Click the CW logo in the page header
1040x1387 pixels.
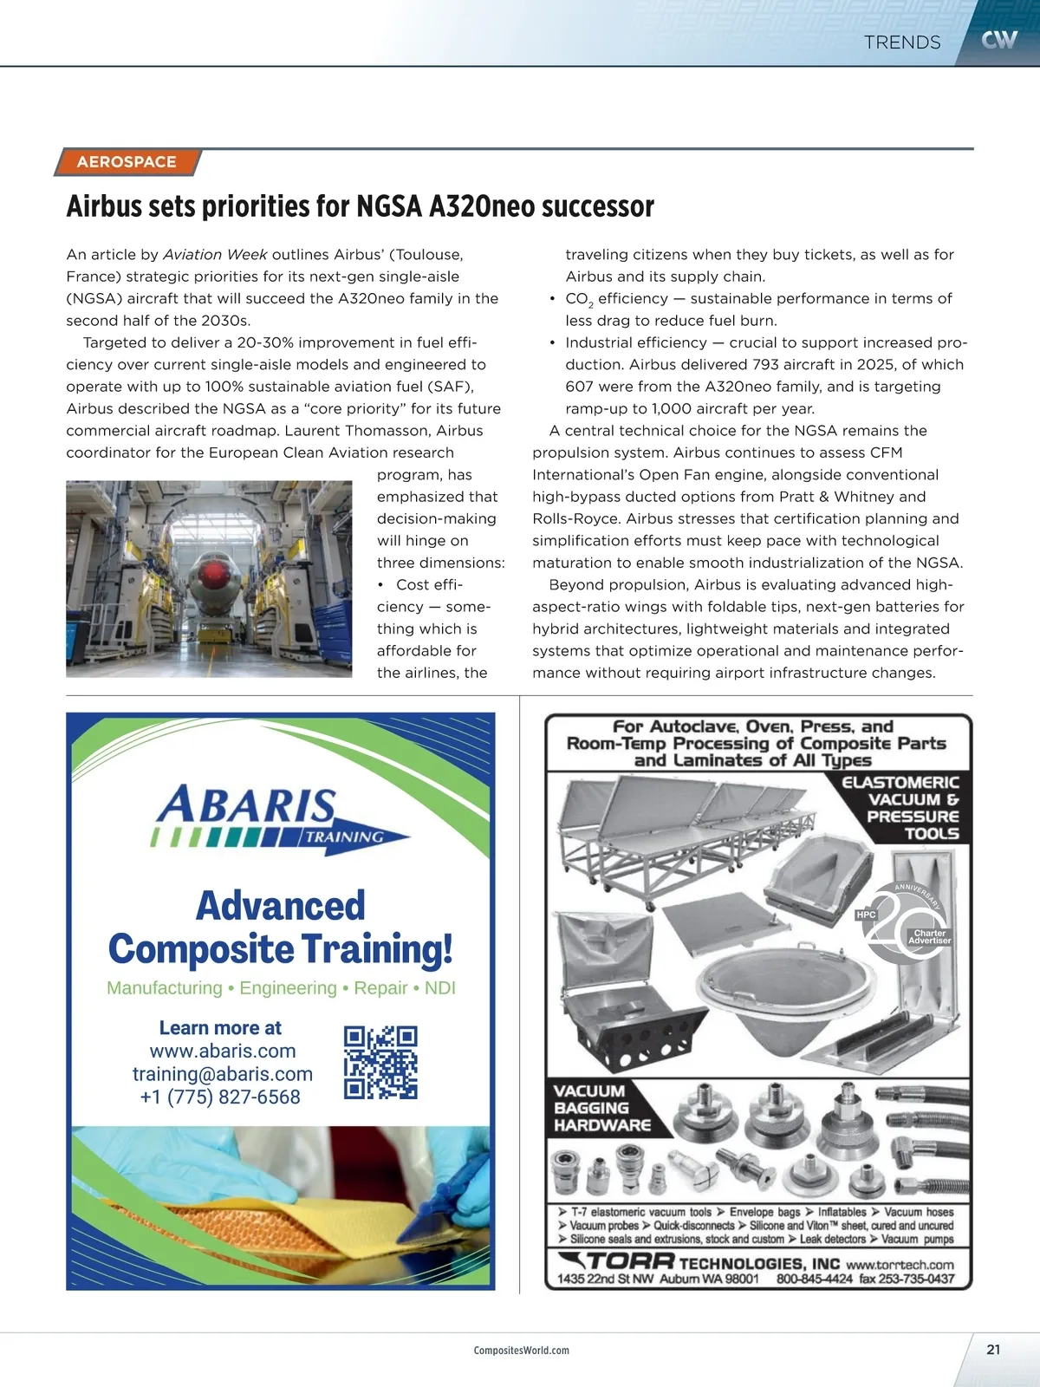tap(998, 40)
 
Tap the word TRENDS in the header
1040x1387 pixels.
tap(902, 42)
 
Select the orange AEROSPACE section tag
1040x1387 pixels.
tap(127, 162)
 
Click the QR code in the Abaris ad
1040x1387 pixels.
tap(380, 1062)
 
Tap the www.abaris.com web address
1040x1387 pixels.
tap(223, 1051)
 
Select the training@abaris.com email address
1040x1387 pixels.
tap(223, 1074)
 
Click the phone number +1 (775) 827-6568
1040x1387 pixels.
tap(220, 1097)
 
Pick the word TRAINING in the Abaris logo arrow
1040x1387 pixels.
tap(344, 837)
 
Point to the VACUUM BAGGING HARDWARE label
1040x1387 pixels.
tap(602, 1108)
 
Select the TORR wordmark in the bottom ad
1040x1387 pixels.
tap(630, 1262)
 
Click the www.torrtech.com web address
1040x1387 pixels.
tap(900, 1265)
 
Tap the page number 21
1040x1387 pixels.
tap(993, 1349)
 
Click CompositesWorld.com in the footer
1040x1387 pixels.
tap(521, 1351)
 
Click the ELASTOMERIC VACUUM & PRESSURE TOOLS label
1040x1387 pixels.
tap(901, 808)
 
